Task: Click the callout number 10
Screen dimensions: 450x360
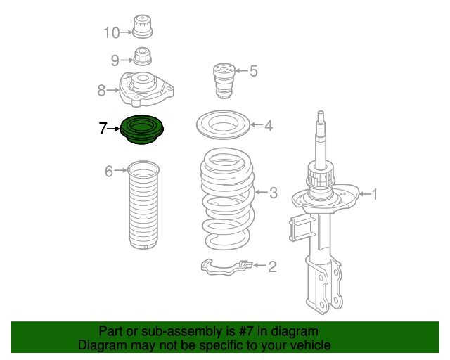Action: [x=111, y=33]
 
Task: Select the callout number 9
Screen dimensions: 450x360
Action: [x=115, y=60]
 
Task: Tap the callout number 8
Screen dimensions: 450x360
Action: [x=101, y=90]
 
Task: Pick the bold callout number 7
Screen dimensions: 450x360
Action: [x=103, y=128]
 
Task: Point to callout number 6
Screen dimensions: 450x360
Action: [x=109, y=171]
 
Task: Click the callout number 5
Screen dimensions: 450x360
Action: [x=253, y=71]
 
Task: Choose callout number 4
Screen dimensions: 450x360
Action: [x=268, y=125]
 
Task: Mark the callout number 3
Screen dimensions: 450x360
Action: [x=274, y=193]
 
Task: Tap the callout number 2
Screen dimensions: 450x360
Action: [x=272, y=266]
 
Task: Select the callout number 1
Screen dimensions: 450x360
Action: [x=375, y=194]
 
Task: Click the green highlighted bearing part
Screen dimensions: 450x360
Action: [x=141, y=129]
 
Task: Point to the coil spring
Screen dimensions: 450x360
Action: [x=228, y=199]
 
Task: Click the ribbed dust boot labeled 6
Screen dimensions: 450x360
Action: [x=143, y=205]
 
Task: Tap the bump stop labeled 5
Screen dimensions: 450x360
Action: [x=224, y=81]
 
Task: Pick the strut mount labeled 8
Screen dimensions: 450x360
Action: [x=146, y=89]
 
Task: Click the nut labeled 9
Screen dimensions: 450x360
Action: [x=143, y=56]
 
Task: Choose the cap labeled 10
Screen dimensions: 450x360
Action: [x=142, y=26]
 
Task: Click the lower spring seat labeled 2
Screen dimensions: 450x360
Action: [x=226, y=266]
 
